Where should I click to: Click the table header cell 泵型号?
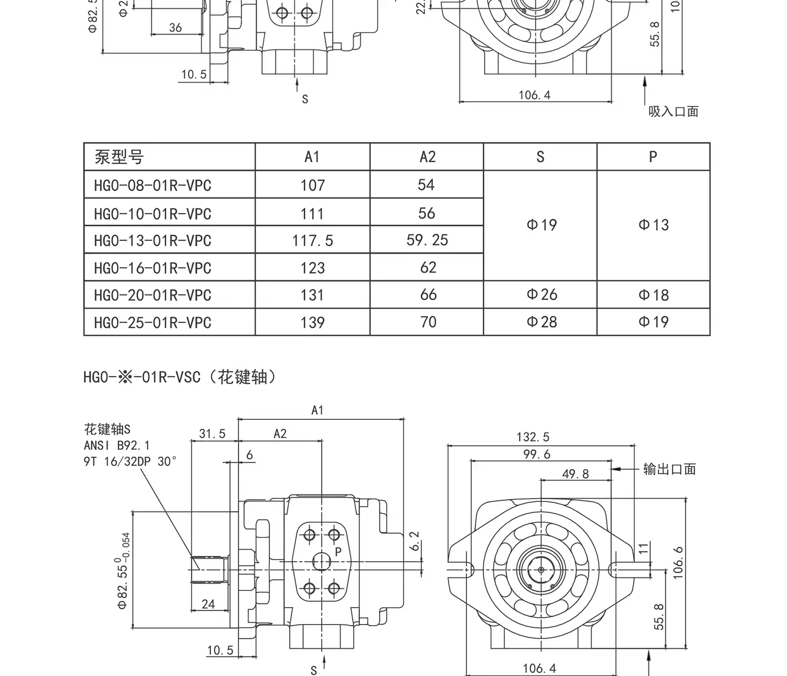coord(119,157)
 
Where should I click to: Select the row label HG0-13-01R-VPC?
coord(153,240)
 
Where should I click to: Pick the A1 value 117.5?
coord(313,240)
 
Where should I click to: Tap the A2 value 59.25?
coord(427,240)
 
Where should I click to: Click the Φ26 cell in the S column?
coord(541,294)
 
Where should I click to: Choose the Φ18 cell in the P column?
coord(653,295)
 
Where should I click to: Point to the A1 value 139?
coord(313,322)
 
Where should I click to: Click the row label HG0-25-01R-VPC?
coord(153,322)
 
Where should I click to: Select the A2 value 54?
coord(426,185)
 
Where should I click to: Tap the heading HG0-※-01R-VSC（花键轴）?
coord(180,377)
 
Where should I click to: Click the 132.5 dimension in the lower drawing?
coord(533,437)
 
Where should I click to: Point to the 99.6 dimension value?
coord(537,455)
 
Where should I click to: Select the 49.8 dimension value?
coord(576,474)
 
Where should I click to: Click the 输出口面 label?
coord(669,469)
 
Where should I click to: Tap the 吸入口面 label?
coord(674,111)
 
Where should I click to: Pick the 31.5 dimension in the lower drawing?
coord(212,434)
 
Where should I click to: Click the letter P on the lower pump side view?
coord(338,552)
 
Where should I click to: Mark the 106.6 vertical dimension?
coord(678,563)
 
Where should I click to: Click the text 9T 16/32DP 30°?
coord(130,462)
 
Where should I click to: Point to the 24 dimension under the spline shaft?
coord(208,604)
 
